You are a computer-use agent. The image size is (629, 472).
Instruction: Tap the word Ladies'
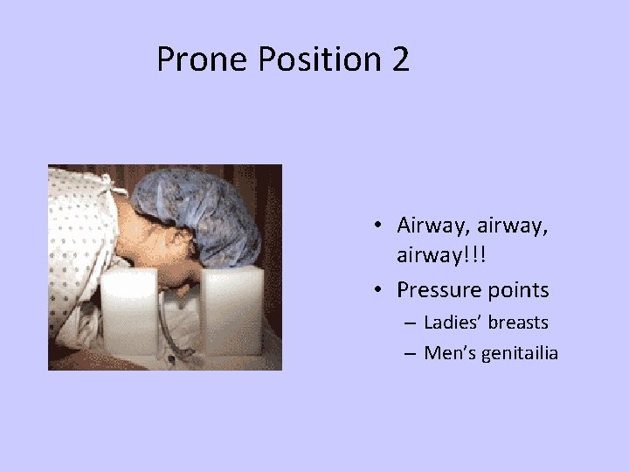click(454, 323)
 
